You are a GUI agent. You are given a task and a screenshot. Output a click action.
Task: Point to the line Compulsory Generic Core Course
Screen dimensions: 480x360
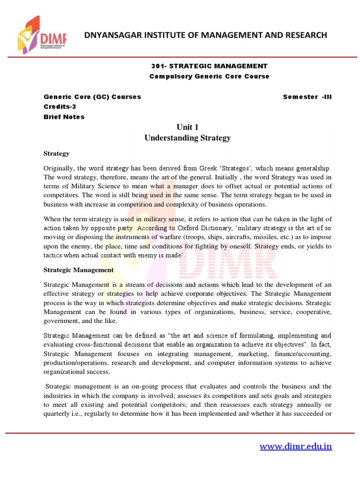(210, 76)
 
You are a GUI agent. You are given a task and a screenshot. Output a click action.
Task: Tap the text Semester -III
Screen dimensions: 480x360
(307, 97)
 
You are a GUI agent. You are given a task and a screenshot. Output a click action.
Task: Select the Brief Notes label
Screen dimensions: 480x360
(64, 117)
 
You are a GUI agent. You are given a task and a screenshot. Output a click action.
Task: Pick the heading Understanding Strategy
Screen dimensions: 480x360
(187, 138)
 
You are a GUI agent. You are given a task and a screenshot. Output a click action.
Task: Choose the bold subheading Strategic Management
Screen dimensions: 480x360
(78, 270)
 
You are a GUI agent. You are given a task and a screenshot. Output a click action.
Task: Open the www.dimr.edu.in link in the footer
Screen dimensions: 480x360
(296, 446)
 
